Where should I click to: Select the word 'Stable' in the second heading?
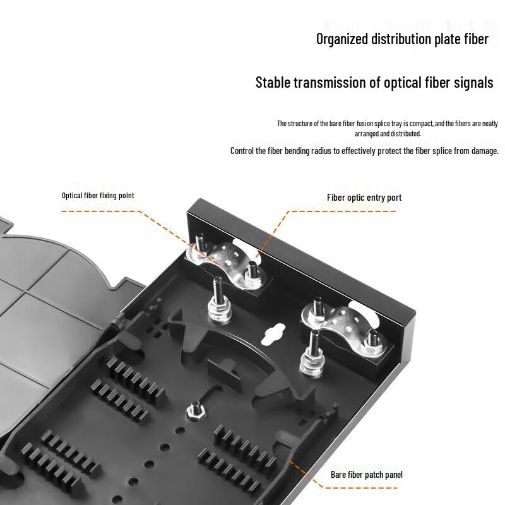tap(275, 83)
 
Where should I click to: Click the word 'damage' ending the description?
tap(482, 151)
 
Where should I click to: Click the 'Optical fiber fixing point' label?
tap(98, 196)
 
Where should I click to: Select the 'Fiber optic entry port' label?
tap(364, 198)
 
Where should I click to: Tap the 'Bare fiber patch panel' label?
tap(367, 475)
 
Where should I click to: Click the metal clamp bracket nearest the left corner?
tap(229, 263)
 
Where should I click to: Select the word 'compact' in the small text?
tap(417, 124)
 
